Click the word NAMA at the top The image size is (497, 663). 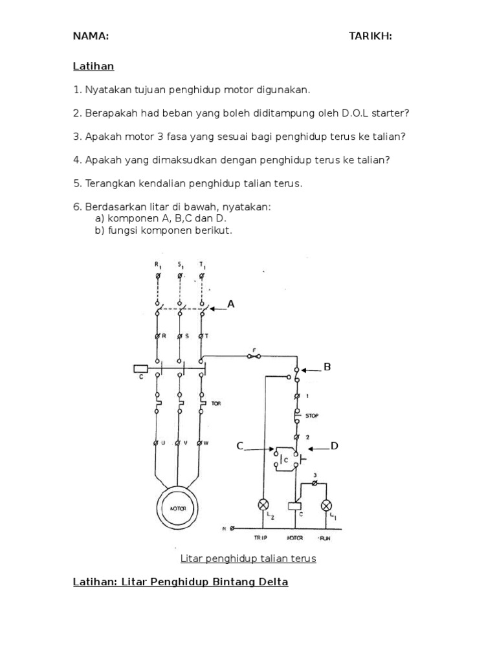pyautogui.click(x=90, y=36)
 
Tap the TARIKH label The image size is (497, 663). pyautogui.click(x=370, y=36)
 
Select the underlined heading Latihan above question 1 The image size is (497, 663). pyautogui.click(x=93, y=67)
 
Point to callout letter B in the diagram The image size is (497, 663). pyautogui.click(x=327, y=367)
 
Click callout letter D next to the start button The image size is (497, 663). pyautogui.click(x=335, y=446)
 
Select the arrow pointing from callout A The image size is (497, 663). pyautogui.click(x=217, y=309)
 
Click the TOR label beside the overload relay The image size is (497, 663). pyautogui.click(x=216, y=403)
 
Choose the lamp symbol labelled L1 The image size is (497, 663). pyautogui.click(x=326, y=505)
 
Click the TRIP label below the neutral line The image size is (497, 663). pyautogui.click(x=260, y=537)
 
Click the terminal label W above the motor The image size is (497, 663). pyautogui.click(x=206, y=443)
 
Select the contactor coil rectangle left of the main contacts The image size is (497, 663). pyautogui.click(x=141, y=369)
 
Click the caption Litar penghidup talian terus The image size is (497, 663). pyautogui.click(x=248, y=558)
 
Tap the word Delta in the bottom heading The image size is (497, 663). pyautogui.click(x=272, y=581)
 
